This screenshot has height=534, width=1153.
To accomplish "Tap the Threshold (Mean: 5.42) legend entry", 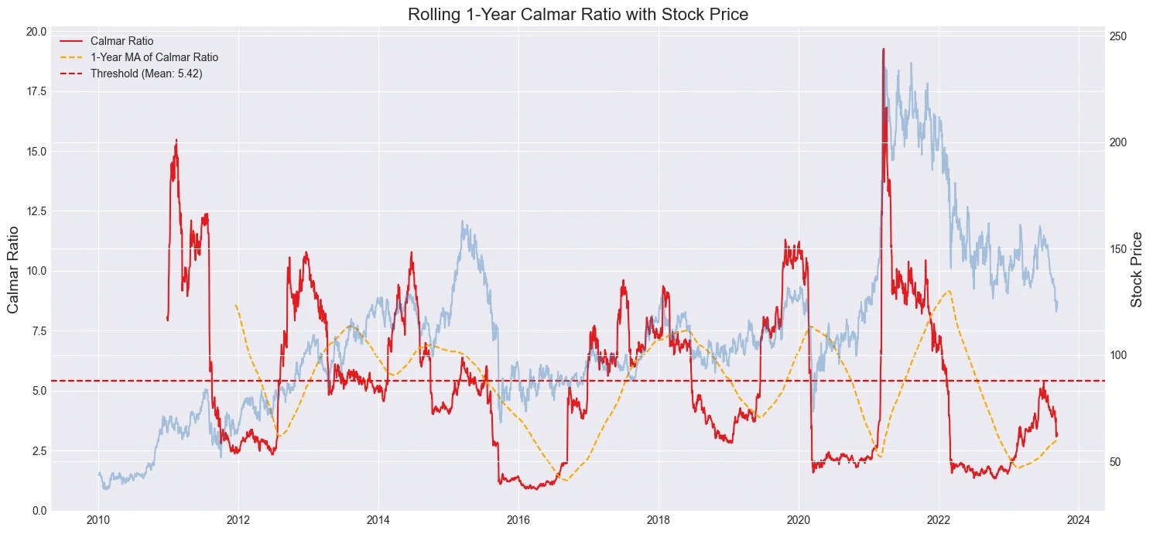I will point(152,74).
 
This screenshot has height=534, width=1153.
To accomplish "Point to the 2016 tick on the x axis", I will point(518,519).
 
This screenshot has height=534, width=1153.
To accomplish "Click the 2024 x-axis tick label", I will point(1079,519).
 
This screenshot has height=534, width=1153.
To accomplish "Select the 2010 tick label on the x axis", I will point(98,519).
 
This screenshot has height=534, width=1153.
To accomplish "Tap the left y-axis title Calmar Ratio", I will point(14,271).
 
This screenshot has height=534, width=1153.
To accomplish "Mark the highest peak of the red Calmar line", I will point(883,49).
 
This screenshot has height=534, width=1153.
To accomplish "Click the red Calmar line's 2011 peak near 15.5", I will point(176,140).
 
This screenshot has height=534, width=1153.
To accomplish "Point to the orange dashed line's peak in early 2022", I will point(949,291).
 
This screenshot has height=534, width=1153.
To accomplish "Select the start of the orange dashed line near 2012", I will point(236,305).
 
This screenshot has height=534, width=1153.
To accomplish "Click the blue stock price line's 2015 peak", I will point(463,221).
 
